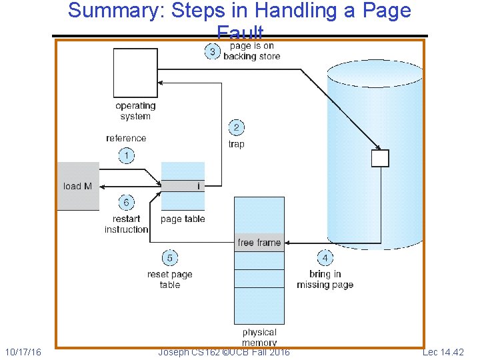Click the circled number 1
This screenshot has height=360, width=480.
126,156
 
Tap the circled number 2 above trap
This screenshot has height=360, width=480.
236,127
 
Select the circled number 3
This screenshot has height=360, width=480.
212,52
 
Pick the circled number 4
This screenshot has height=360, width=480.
325,257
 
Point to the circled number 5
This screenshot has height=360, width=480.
170,257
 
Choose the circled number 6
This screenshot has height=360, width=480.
126,202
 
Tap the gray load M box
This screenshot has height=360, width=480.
78,186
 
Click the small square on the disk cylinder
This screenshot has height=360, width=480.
379,158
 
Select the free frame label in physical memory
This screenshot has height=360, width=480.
259,243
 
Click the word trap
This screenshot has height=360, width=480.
237,144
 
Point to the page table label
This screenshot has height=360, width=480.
183,219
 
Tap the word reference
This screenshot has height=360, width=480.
126,139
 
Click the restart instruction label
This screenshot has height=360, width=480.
126,224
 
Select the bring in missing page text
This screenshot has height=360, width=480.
325,279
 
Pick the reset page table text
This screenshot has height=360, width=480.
169,279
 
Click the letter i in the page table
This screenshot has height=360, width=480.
199,187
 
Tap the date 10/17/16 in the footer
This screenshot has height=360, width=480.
23,351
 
